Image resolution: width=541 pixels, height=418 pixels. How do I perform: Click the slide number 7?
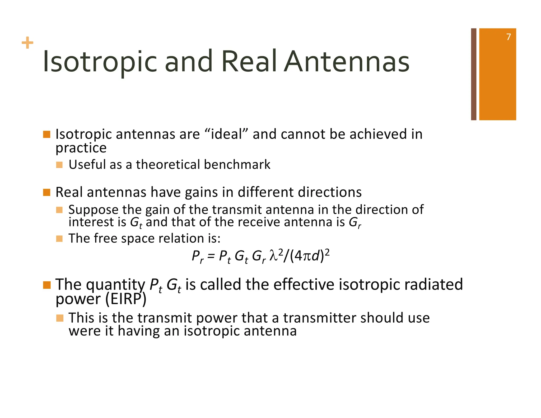tap(509, 37)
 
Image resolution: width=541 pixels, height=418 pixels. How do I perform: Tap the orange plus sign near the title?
tap(27, 43)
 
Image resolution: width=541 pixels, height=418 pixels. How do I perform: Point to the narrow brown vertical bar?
tap(474, 74)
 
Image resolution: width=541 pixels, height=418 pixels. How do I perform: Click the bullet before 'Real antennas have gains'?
tap(46, 192)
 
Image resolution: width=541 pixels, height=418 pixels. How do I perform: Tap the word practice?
tap(81, 148)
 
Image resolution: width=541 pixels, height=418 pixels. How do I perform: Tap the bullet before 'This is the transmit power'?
tap(60, 318)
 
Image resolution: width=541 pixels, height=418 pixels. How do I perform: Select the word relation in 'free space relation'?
tap(181, 238)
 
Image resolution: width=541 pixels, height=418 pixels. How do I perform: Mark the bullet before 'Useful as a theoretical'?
tap(59, 165)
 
